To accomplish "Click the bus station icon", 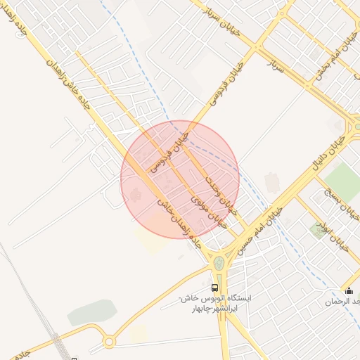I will click(214, 288).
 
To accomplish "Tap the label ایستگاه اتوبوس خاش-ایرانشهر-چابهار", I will click(215, 303).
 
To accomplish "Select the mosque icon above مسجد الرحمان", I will click(349, 291).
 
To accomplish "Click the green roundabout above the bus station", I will click(220, 263).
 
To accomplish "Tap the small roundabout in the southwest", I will click(109, 342).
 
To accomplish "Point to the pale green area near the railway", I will click(91, 312).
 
